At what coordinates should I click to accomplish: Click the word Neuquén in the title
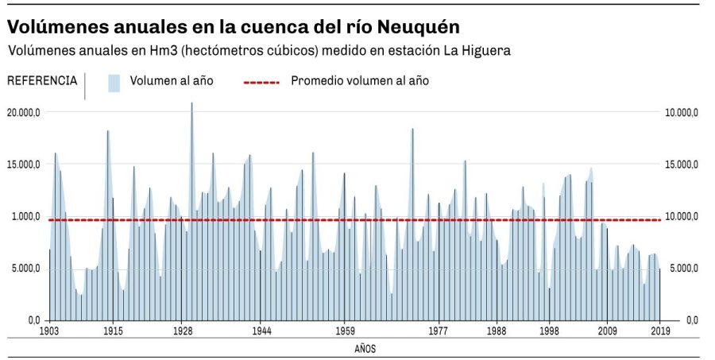tap(418, 27)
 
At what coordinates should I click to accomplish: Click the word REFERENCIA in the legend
tap(42, 80)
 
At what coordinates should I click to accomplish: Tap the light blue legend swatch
tap(114, 82)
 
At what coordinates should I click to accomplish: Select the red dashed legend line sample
tap(261, 82)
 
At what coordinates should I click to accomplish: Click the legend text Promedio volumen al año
tap(360, 81)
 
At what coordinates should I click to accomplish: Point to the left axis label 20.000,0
tap(24, 112)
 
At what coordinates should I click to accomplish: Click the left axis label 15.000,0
tap(24, 165)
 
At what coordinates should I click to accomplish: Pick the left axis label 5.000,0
tap(25, 269)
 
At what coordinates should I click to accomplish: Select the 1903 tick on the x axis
tap(49, 331)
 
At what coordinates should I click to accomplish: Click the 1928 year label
tap(182, 331)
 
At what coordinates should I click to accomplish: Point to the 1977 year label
tap(439, 331)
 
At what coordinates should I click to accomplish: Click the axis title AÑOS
tap(365, 348)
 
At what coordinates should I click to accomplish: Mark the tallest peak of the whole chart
tap(191, 104)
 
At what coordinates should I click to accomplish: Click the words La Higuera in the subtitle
tap(476, 51)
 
